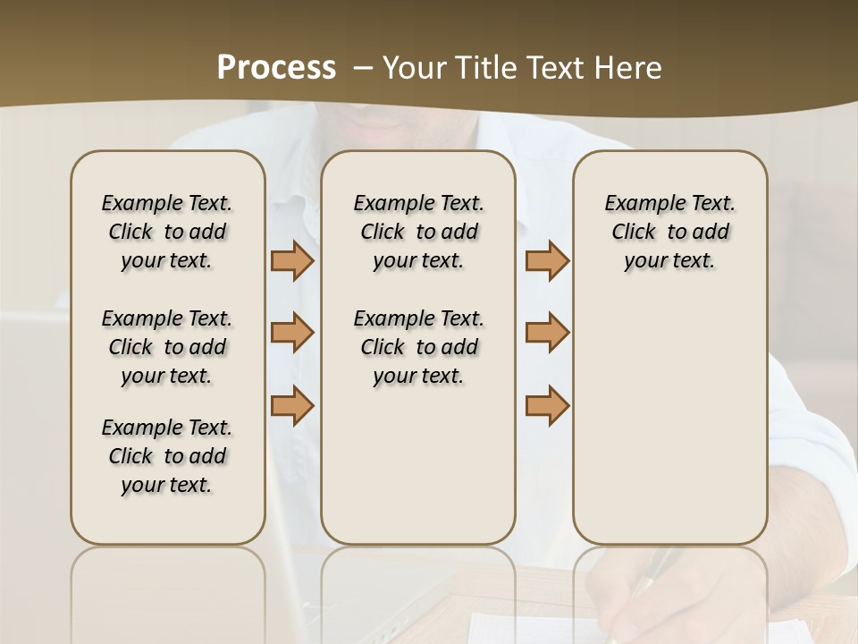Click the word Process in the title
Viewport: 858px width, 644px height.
(276, 68)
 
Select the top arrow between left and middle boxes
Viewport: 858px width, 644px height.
(292, 260)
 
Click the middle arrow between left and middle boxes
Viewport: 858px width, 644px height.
(292, 333)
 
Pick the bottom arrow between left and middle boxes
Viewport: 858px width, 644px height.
(292, 405)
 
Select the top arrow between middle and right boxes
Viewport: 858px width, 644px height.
(547, 260)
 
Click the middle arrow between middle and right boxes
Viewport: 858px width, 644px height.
(547, 333)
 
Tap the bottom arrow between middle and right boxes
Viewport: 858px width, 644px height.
(547, 405)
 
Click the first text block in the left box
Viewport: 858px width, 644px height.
(167, 232)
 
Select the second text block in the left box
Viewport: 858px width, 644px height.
(167, 347)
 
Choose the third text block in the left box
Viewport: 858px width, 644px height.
(167, 456)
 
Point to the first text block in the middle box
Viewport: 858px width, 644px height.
(418, 232)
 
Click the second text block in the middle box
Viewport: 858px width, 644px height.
(418, 347)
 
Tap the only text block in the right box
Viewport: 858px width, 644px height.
(669, 232)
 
